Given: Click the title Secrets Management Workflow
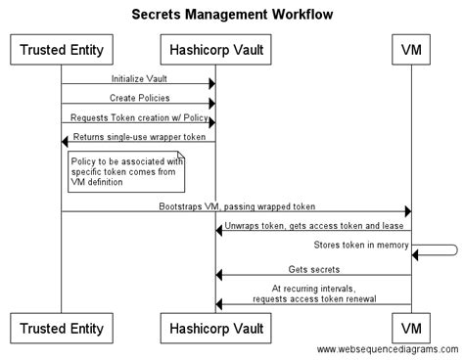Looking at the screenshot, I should tap(232, 15).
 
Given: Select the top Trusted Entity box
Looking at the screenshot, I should tap(62, 48).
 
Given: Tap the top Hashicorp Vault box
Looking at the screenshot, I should tap(215, 48).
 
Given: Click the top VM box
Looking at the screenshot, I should tap(411, 48).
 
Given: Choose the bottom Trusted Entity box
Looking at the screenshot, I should tap(62, 324).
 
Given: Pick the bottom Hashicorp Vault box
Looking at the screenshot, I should tap(215, 324).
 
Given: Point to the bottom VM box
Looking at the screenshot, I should tap(411, 324).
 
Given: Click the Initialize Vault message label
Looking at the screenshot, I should tap(138, 76).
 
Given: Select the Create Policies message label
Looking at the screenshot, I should tap(138, 97).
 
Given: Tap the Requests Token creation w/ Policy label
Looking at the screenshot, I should tap(138, 116).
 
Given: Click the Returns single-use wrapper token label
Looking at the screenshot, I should tap(138, 136).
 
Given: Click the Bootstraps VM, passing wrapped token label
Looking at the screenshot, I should tap(235, 206).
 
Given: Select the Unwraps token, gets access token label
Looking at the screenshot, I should tap(313, 226).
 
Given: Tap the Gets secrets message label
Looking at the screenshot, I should tap(313, 269).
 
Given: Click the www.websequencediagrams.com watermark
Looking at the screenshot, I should tap(388, 350).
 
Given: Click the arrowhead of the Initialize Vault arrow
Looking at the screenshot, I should tap(210, 84).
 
